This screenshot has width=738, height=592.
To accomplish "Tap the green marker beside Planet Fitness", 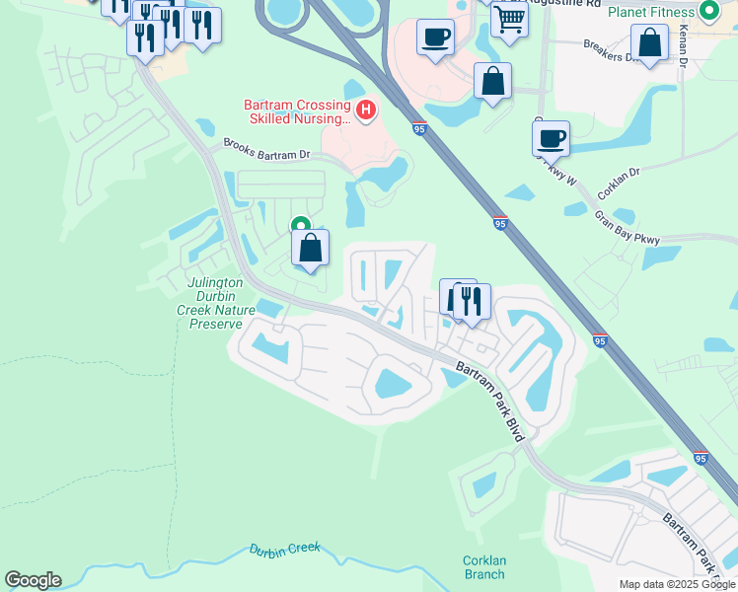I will [708, 12].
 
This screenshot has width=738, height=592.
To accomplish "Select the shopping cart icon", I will [509, 18].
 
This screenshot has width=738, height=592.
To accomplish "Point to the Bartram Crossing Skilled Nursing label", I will [298, 112].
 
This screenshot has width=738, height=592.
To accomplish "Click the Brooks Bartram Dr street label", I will [266, 149].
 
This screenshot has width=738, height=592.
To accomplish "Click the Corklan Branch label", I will [484, 567].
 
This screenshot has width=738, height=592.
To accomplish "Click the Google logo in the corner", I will [33, 579].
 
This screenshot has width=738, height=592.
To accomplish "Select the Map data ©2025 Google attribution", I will [677, 584].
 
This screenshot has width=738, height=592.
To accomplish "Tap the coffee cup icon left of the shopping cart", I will [435, 38].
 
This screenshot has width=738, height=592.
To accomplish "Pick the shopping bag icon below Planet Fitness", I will [650, 43].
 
